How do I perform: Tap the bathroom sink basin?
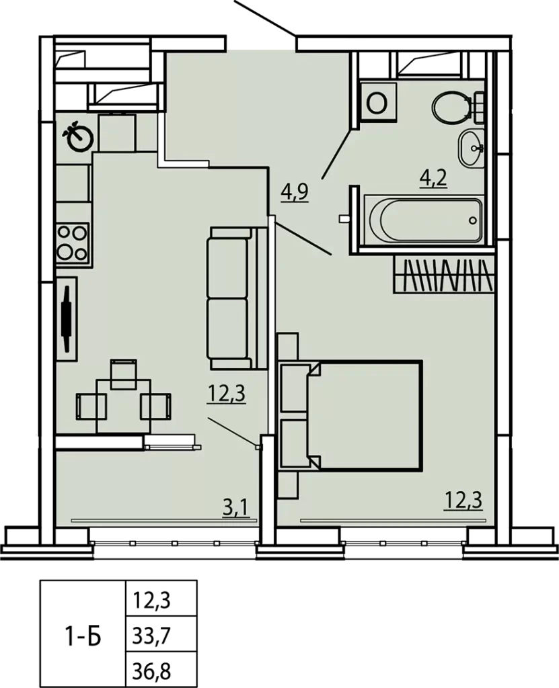[x=471, y=148]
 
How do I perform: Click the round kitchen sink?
[x=78, y=136]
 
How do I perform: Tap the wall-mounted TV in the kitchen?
[x=67, y=318]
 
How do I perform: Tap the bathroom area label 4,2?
[x=433, y=179]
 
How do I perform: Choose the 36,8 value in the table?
[x=151, y=671]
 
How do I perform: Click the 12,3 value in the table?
[x=151, y=599]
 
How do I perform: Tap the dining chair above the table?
[x=124, y=374]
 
